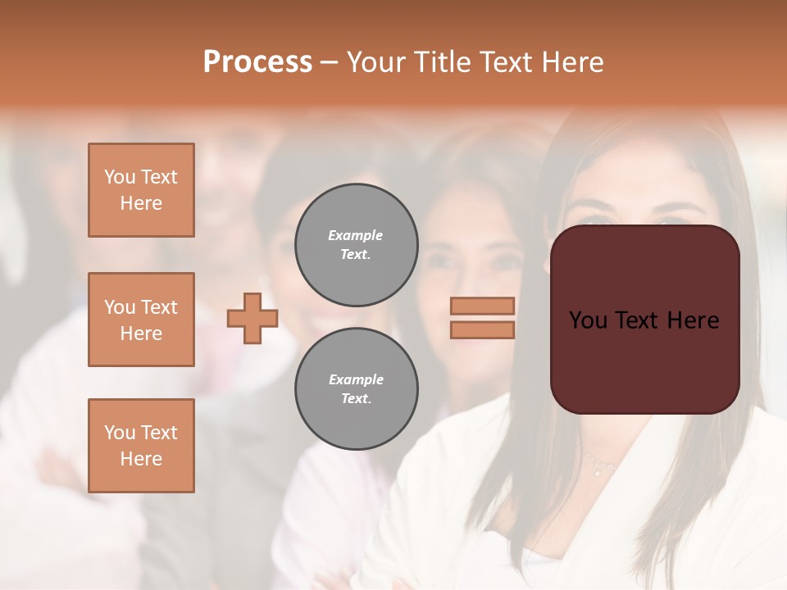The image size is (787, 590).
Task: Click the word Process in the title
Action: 257,62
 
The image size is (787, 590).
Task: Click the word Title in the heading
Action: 441,62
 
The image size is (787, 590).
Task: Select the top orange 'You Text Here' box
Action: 141,190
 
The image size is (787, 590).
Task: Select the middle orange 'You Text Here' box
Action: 141,320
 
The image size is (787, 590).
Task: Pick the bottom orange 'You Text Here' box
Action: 141,446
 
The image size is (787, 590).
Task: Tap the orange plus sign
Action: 252,318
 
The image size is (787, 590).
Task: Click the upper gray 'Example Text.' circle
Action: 356,245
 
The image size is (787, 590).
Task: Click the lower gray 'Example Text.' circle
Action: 356,389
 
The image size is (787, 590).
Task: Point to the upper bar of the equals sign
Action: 482,306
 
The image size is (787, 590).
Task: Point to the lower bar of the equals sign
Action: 482,329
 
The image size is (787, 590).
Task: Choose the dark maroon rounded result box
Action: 644,361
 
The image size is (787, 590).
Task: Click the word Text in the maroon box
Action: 639,320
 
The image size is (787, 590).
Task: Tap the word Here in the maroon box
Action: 693,320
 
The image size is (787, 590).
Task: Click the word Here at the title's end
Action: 573,62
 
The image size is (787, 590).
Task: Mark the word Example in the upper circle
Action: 356,235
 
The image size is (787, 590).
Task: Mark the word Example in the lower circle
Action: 356,379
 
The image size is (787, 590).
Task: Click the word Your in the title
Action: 378,62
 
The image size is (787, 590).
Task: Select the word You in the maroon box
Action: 588,320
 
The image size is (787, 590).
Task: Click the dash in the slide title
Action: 329,62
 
